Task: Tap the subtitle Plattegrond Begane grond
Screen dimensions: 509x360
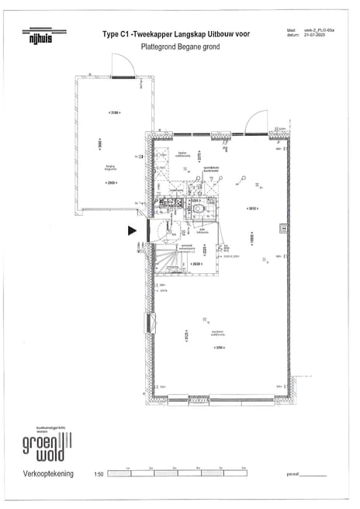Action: click(180, 47)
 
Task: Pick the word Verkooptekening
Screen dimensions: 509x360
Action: click(48, 473)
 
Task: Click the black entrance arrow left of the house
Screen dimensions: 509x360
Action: click(131, 230)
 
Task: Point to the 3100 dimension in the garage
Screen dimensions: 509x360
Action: click(114, 113)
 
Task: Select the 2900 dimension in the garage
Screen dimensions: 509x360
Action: click(112, 182)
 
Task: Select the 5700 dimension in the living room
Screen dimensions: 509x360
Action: click(220, 348)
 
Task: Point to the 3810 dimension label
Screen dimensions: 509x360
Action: click(251, 208)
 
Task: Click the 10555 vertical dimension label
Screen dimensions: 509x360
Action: click(272, 239)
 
